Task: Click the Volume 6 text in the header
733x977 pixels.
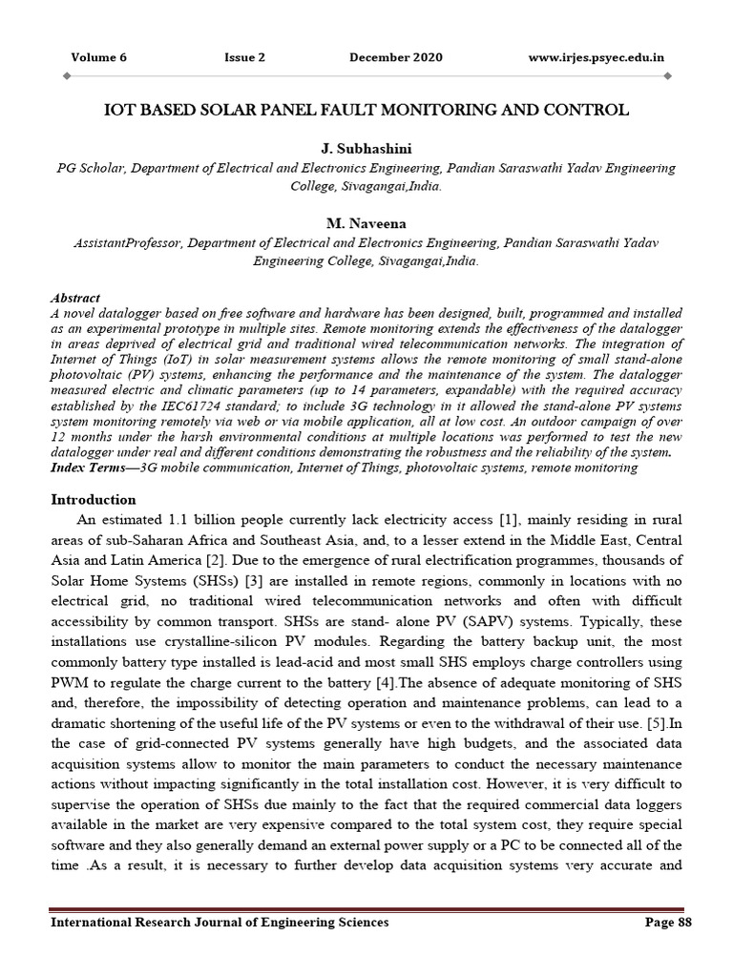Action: pos(98,57)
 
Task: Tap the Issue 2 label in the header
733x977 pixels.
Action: pos(244,57)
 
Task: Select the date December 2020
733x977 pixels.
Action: pos(395,57)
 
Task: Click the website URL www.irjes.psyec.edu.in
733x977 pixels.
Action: pos(597,57)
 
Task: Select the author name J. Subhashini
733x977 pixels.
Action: pos(366,150)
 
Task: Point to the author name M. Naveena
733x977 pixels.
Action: pos(366,224)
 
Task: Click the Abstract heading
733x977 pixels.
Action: pos(74,298)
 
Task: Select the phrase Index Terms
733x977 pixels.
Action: pos(89,468)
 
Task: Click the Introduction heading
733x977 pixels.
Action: pos(93,499)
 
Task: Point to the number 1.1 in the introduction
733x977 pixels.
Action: pos(182,519)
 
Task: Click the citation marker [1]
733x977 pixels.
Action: pos(508,519)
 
